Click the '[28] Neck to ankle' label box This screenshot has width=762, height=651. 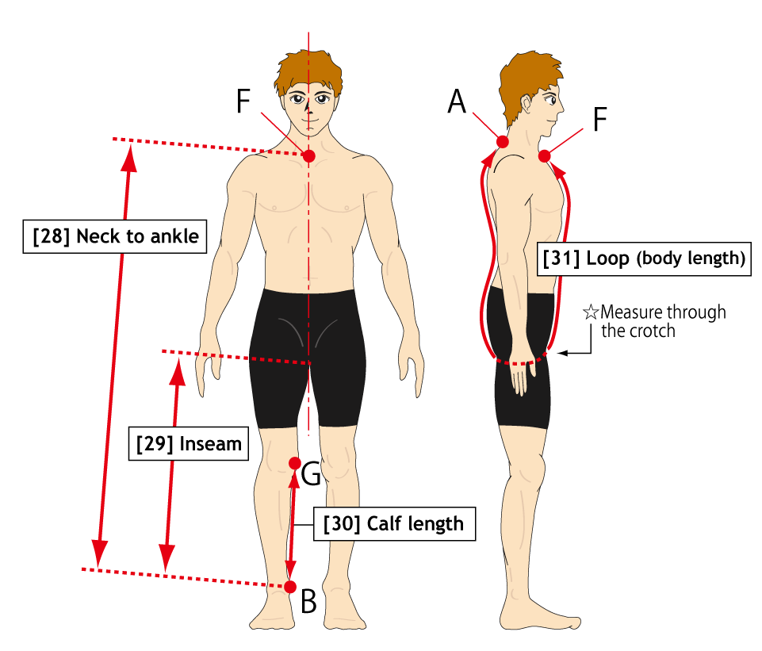pos(115,236)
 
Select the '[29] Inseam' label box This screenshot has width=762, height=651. pos(189,443)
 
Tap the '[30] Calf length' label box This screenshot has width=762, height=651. pos(394,523)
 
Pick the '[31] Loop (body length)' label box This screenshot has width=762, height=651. pos(644,258)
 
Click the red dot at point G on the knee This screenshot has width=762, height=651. pos(295,464)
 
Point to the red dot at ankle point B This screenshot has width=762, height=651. pos(290,587)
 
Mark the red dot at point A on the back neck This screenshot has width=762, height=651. pos(503,142)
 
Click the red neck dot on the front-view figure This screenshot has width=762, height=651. pos(309,156)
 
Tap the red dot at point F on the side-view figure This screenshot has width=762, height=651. pos(544,156)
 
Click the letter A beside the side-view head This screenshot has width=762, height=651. pos(457,102)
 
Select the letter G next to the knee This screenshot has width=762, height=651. pos(311,473)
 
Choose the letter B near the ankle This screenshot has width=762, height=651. pos(308,602)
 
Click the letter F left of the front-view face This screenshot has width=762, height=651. pos(243,101)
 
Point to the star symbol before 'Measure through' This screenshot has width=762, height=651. pos(591,312)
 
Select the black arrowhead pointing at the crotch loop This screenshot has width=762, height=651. pos(562,353)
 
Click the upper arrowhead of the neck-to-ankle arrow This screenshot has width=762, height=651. pos(129,158)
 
